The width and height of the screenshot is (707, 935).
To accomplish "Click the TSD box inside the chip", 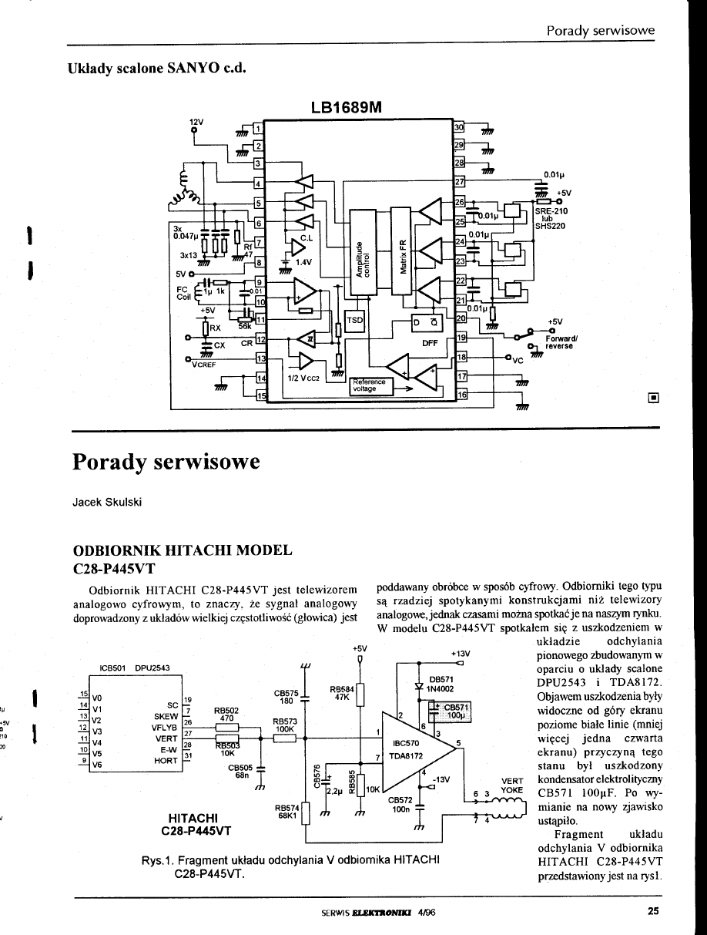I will pos(354,321).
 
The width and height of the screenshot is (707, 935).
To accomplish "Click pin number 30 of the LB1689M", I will pos(459,126).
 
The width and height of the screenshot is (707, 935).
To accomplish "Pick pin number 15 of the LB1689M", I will pos(260,395).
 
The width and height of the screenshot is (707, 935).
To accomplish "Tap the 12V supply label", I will pos(196,122).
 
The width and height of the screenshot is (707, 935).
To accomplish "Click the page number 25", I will pos(653,911).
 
